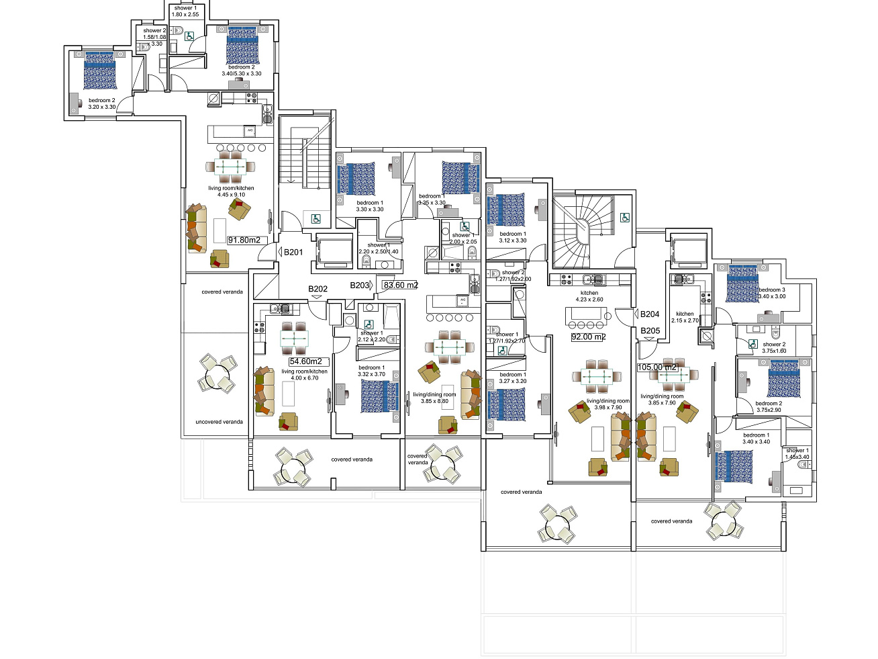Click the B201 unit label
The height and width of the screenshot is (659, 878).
point(293,253)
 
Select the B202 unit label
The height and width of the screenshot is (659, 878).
point(318,290)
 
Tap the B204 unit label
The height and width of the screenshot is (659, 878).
point(649,314)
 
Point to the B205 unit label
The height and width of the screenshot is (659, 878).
point(650,331)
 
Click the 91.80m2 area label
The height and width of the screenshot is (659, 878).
point(244,240)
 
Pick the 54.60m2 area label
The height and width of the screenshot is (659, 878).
point(305,361)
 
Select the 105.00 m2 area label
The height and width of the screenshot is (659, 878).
point(657,367)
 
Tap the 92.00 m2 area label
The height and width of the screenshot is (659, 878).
point(588,337)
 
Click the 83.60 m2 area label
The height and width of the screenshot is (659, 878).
point(400,285)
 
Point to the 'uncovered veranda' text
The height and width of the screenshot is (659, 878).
point(219,422)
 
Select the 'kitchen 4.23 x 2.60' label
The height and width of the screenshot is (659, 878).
point(589,296)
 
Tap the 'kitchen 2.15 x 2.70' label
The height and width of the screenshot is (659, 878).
point(685,317)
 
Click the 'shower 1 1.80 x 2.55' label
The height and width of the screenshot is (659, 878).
point(185,11)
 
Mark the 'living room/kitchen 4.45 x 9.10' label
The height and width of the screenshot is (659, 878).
point(231,191)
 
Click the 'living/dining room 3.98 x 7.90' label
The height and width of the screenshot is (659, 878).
point(608,404)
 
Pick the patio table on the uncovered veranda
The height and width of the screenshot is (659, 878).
point(217,375)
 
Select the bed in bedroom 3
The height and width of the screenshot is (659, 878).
point(742,283)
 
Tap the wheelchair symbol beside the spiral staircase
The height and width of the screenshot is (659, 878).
point(624,217)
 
